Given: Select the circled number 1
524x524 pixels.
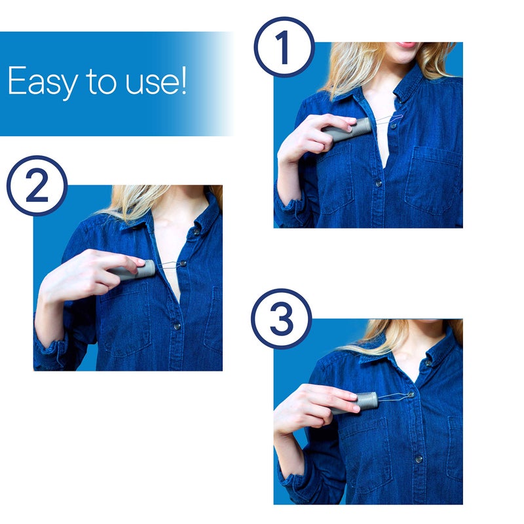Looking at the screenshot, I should [x=284, y=47].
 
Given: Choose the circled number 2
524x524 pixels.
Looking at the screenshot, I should [x=37, y=185].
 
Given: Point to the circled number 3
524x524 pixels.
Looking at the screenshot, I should [x=281, y=318].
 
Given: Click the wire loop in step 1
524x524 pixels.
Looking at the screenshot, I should [x=390, y=121].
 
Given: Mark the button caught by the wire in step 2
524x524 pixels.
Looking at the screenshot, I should [x=183, y=263].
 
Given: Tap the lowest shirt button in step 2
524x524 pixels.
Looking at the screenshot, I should [x=176, y=326].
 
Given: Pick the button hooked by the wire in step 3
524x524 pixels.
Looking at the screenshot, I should [x=411, y=395].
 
